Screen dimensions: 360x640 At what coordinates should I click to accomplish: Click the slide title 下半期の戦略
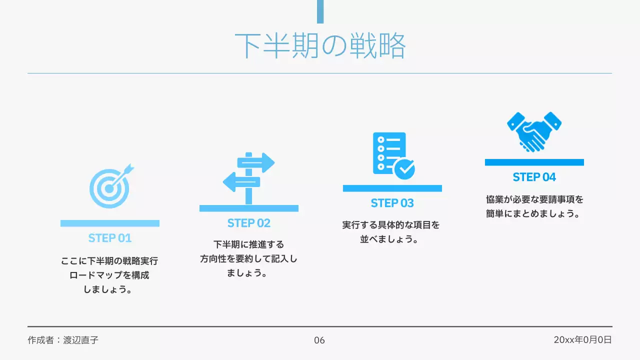click(x=320, y=46)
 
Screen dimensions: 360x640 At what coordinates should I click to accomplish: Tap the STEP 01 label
click(x=110, y=238)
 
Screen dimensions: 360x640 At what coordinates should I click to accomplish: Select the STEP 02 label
click(x=249, y=223)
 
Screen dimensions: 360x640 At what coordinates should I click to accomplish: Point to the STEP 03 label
click(x=392, y=203)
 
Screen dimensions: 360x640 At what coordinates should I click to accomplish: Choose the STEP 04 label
click(x=534, y=177)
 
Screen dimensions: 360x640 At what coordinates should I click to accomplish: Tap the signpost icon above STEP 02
click(x=248, y=177)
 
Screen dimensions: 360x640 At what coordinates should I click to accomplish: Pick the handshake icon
click(x=534, y=131)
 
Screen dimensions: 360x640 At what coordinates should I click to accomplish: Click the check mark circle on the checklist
click(x=404, y=169)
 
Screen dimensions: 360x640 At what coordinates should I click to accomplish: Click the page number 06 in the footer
click(x=319, y=340)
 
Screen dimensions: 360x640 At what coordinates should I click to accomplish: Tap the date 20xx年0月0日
click(x=582, y=340)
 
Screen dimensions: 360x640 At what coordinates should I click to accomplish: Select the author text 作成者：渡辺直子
click(x=63, y=340)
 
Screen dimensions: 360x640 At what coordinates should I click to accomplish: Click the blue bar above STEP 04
click(x=534, y=162)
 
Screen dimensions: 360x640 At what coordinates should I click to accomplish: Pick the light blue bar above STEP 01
click(x=110, y=223)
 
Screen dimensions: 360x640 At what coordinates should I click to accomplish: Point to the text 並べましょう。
click(x=389, y=239)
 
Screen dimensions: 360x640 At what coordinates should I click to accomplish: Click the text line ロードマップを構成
click(x=109, y=275)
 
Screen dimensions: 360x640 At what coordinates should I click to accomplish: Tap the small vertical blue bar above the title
click(x=320, y=11)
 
